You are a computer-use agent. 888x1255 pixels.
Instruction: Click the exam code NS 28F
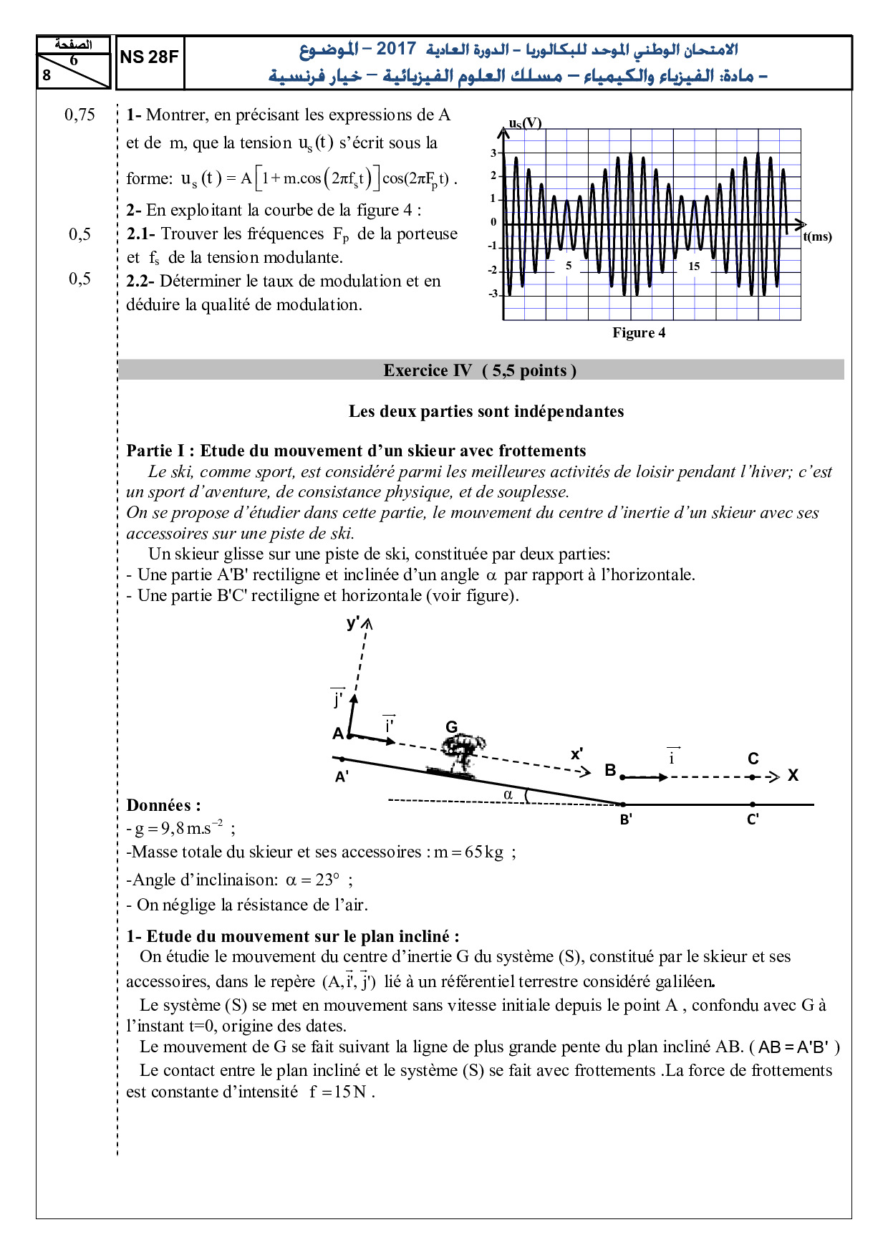pos(149,57)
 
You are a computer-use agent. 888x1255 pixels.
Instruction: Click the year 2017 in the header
pos(396,49)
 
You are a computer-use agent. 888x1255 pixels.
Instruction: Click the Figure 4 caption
pos(639,332)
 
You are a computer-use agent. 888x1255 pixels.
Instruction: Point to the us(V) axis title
pos(525,122)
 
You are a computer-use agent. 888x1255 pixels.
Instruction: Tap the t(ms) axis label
pos(817,236)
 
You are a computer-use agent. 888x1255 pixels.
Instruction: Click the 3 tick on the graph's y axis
pos(493,153)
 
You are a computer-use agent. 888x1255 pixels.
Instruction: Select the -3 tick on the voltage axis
pos(493,294)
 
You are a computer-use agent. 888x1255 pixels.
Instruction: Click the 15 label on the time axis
pos(694,266)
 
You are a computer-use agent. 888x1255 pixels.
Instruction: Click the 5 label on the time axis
pos(569,266)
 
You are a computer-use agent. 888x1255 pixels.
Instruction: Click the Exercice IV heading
pos(480,370)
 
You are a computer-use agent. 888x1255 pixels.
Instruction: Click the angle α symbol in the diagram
pos(508,794)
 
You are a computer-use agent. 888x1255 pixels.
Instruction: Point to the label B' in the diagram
pos(626,819)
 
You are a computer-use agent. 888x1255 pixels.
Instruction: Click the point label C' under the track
pos(753,819)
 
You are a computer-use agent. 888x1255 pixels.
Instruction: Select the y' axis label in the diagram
pos(353,622)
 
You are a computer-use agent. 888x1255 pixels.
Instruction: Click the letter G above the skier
pos(451,727)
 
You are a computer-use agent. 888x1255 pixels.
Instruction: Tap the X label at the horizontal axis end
pos(793,775)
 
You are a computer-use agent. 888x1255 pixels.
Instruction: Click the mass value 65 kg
pos(483,852)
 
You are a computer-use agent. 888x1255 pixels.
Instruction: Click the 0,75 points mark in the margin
pos(79,115)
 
